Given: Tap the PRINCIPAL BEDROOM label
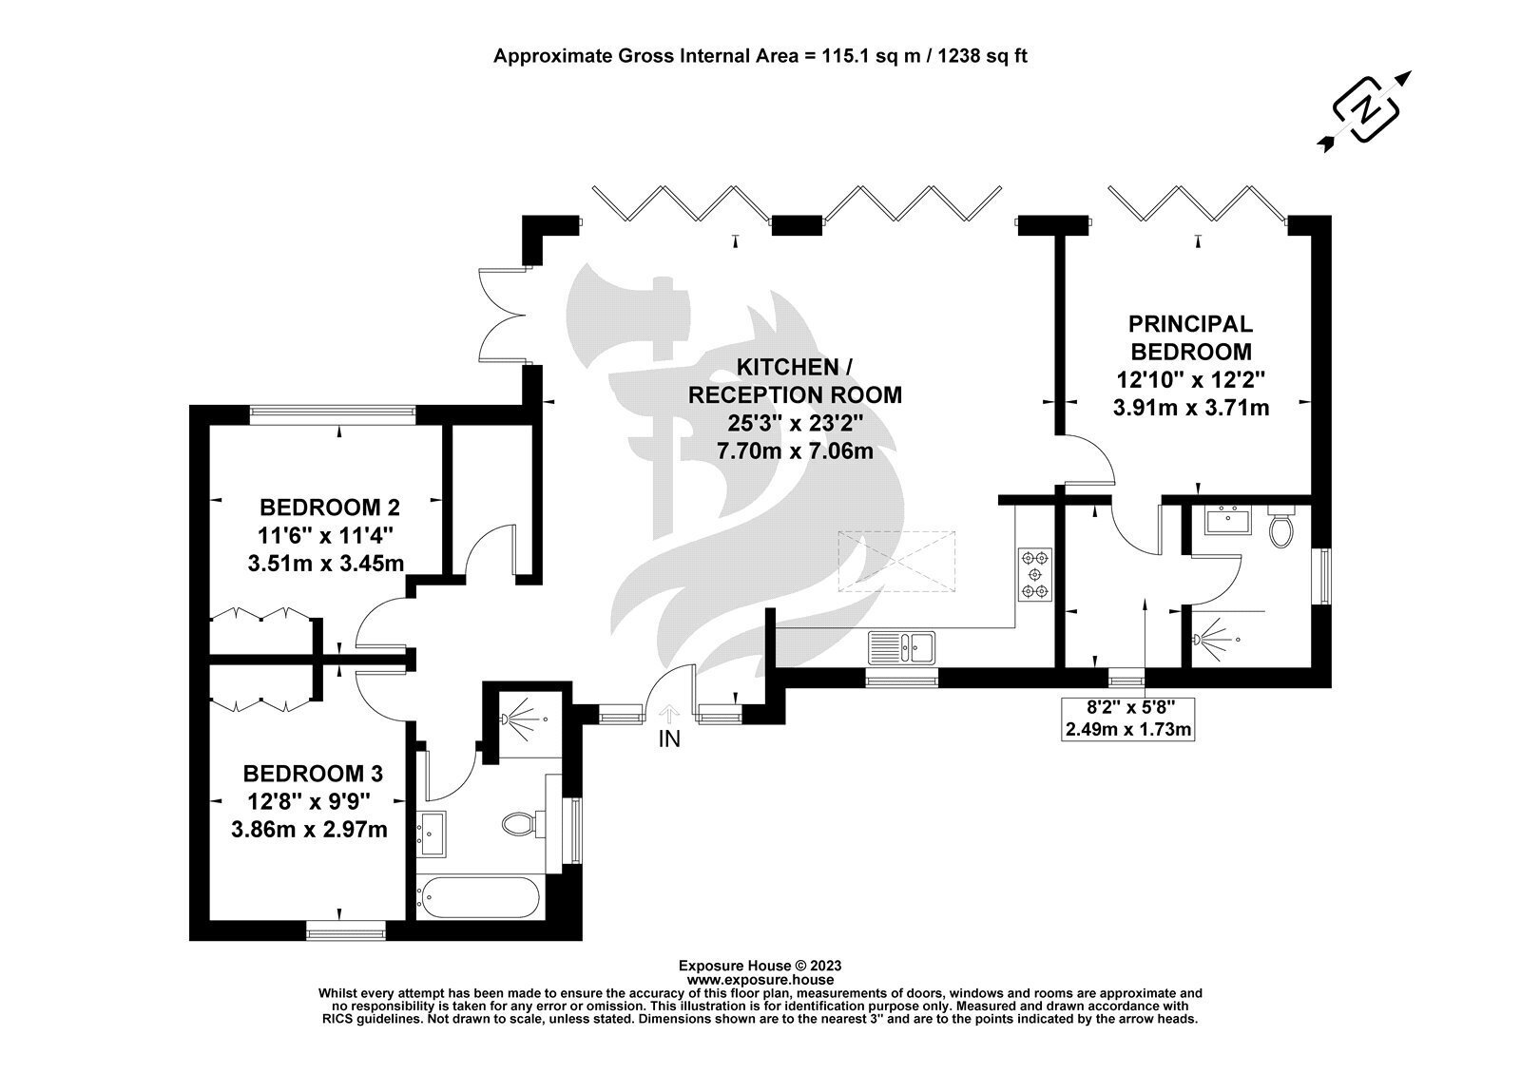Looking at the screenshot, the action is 1190,337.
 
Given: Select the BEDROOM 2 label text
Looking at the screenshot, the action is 330,508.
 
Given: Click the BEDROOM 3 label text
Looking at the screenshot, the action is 313,774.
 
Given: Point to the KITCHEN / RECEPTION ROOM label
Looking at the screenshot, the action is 795,381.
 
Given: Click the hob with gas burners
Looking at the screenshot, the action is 1035,574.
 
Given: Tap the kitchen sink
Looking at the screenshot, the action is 902,647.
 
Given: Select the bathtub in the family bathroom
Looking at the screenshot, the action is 481,897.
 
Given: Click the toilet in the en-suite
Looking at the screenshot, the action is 1281,526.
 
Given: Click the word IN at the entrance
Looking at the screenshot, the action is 669,739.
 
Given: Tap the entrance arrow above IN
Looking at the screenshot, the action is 669,714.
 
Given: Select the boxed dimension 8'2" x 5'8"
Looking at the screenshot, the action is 1127,719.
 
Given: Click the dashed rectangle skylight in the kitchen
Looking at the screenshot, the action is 896,562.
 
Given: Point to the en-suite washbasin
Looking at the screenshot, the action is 1228,520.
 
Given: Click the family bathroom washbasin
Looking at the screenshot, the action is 432,834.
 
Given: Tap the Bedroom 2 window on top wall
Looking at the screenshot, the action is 333,414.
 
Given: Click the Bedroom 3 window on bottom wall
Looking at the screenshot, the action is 346,930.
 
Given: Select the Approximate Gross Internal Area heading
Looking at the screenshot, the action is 760,56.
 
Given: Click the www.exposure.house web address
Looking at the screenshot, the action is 760,980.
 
